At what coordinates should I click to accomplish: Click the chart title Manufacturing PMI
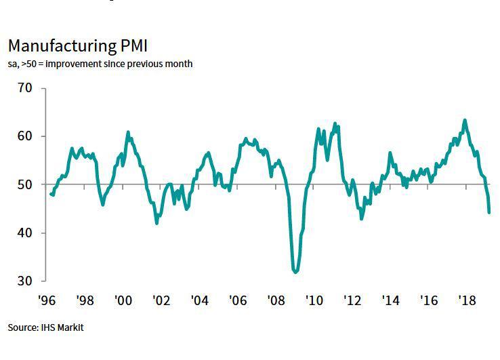click(x=78, y=46)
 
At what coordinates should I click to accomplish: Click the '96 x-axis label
click(x=47, y=299)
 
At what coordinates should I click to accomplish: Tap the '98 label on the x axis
click(x=85, y=299)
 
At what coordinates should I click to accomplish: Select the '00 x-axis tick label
click(x=123, y=299)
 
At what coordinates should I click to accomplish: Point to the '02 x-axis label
click(x=161, y=299)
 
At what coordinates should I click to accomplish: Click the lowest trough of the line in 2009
click(x=295, y=272)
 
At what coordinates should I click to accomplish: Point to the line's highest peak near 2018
click(x=465, y=121)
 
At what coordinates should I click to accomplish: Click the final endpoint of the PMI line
click(x=489, y=212)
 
